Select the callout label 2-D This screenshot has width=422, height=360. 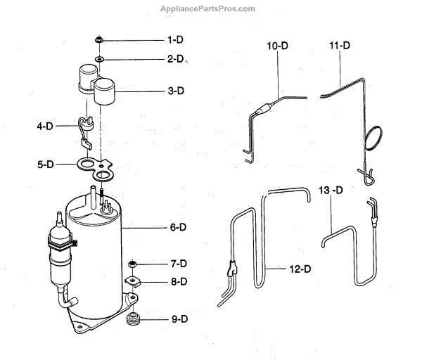176,60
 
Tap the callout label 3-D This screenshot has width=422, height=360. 176,90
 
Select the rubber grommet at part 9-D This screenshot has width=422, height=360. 133,321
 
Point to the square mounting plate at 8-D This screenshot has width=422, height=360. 133,281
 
